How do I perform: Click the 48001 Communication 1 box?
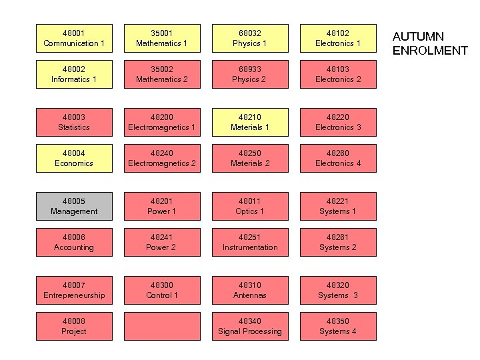[x=74, y=38]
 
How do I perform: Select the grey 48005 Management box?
[x=74, y=206]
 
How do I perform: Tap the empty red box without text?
[x=162, y=326]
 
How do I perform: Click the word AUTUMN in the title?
[x=418, y=37]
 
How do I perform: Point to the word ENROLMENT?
[x=429, y=51]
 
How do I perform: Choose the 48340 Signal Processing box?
[x=250, y=326]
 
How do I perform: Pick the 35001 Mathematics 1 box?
[x=162, y=38]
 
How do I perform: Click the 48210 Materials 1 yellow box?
[x=250, y=122]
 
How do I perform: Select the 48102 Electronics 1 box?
[x=338, y=38]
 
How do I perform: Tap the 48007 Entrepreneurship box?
[x=74, y=290]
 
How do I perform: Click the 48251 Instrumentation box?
[x=250, y=242]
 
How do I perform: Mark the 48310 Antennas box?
[x=250, y=290]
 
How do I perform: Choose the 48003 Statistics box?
[x=74, y=122]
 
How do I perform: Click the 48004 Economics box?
[x=74, y=158]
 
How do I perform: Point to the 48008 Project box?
[x=74, y=326]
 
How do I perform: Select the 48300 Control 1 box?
[x=162, y=290]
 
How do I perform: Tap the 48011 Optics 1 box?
[x=250, y=206]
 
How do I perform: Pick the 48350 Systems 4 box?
[x=338, y=326]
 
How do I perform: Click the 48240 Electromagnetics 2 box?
[x=162, y=158]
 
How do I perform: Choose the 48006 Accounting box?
[x=74, y=242]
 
